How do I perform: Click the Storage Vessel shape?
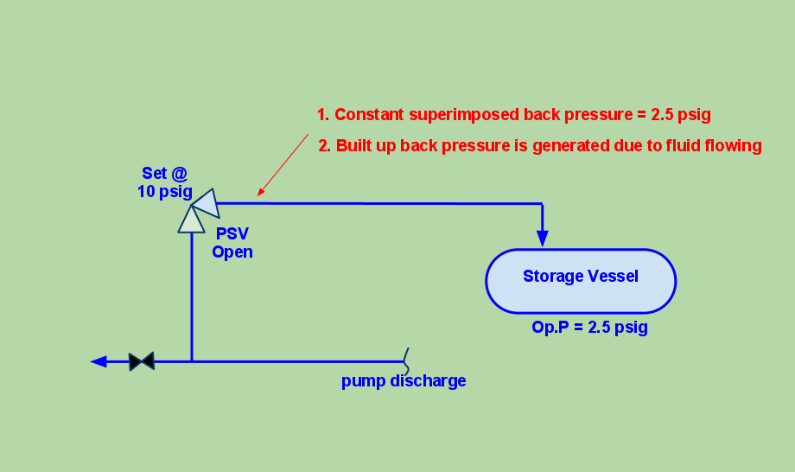click(580, 281)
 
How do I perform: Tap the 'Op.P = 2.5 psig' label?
click(589, 328)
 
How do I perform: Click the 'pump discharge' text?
click(404, 380)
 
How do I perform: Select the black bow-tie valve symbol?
click(141, 361)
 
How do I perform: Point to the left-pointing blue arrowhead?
click(99, 361)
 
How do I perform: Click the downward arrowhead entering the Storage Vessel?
click(543, 238)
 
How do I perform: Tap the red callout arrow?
click(283, 163)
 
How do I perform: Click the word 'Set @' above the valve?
click(164, 174)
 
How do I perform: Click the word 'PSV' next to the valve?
click(232, 234)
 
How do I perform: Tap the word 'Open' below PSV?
click(232, 252)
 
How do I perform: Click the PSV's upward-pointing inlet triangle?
click(191, 219)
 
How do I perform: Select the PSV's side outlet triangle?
click(206, 202)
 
